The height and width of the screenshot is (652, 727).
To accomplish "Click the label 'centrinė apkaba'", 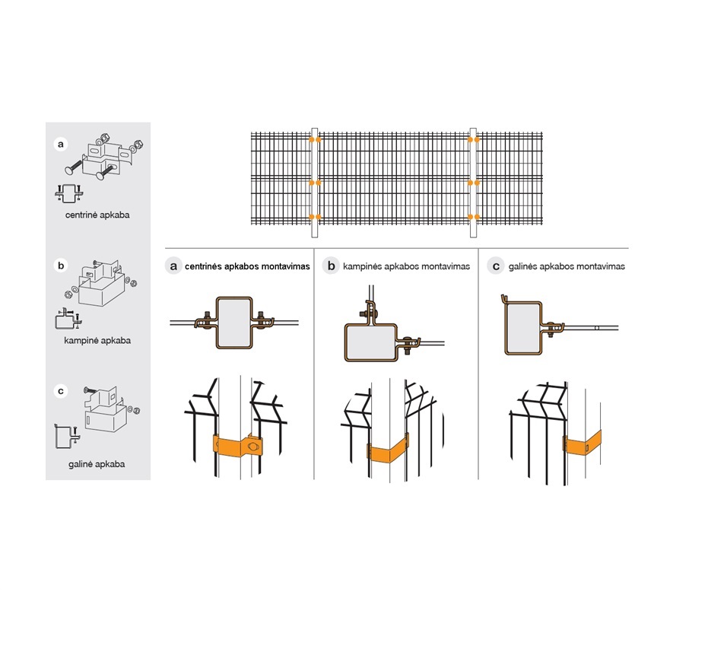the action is [97, 215].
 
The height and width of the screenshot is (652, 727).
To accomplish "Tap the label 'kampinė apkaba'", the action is [97, 340].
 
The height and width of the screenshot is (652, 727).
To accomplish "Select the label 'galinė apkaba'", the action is [97, 464].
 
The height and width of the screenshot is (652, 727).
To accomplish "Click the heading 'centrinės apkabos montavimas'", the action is [247, 266].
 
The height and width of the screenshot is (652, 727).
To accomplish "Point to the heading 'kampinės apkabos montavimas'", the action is [406, 266].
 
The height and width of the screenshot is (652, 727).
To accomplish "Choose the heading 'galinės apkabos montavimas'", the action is [567, 266].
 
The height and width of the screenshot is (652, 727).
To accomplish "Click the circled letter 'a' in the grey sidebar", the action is [61, 145].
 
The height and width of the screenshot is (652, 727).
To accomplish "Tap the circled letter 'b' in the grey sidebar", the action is [61, 266].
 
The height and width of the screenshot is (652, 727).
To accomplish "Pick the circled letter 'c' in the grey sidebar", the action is [61, 391].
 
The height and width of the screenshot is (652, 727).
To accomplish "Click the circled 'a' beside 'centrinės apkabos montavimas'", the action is [173, 266].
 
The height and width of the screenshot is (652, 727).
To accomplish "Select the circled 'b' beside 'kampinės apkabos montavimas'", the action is [331, 266].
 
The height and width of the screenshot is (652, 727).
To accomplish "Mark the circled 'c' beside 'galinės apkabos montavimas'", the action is [496, 266].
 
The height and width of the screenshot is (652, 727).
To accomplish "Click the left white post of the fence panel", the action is [315, 183].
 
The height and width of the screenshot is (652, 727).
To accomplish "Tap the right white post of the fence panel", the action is [473, 183].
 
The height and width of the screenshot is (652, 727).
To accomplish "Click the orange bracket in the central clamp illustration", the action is [238, 445].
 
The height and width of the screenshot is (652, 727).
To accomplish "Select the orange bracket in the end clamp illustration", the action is [583, 444].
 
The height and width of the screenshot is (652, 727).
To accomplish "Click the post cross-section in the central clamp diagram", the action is [234, 323].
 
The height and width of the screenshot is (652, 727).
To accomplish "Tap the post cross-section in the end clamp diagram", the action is [523, 328].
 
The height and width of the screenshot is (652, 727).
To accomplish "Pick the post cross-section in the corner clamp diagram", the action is [371, 342].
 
